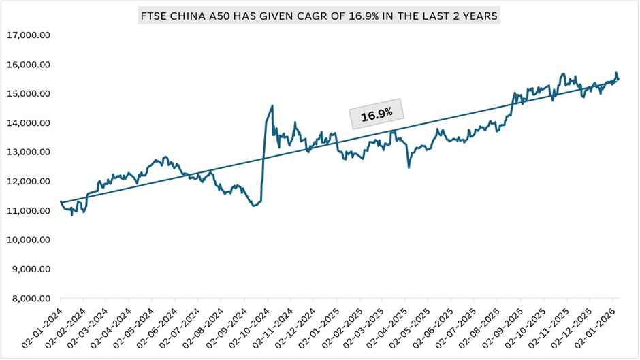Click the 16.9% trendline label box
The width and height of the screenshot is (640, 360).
click(x=377, y=115)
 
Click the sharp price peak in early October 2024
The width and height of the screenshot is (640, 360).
click(x=272, y=105)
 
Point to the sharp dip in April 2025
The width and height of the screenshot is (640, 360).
click(x=409, y=167)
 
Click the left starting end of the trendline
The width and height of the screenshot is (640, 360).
click(x=61, y=202)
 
